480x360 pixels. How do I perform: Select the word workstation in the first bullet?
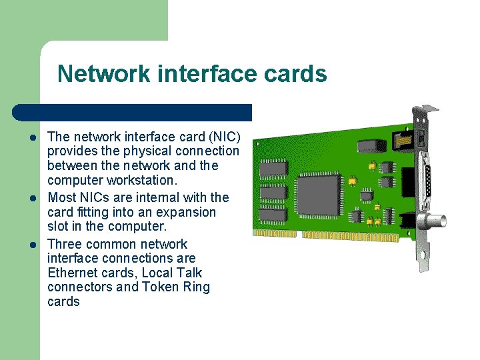[139, 181]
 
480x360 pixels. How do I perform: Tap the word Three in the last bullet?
[64, 244]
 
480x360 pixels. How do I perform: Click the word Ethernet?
[73, 273]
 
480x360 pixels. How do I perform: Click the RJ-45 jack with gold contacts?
[403, 141]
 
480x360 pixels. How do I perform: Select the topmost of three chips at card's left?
[273, 168]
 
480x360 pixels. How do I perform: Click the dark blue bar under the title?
[133, 112]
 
